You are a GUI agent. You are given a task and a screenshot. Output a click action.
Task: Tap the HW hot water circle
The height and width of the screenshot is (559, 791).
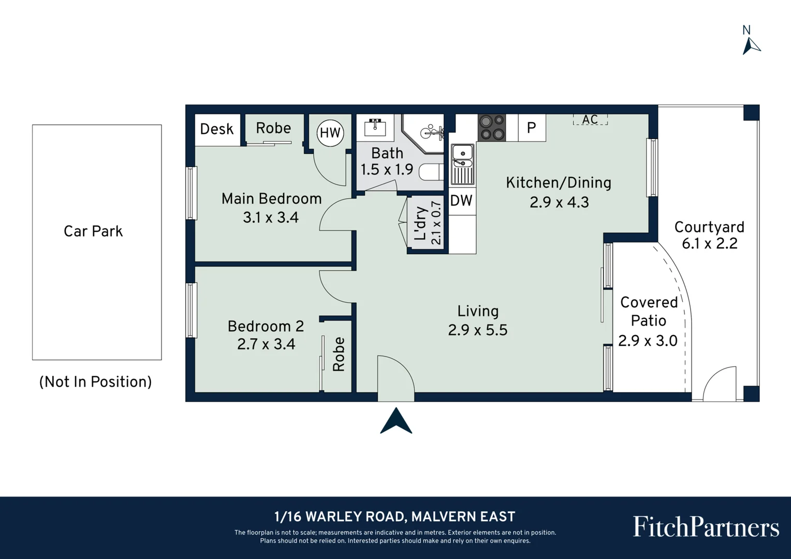click(x=330, y=133)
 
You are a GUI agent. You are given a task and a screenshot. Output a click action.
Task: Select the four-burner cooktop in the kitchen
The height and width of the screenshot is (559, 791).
click(x=492, y=127)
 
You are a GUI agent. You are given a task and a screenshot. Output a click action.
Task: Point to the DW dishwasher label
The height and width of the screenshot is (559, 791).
click(x=461, y=201)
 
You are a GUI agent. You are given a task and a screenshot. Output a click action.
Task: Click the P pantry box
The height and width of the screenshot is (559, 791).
click(x=532, y=127)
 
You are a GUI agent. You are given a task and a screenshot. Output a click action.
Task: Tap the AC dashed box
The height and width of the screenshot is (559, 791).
click(x=590, y=120)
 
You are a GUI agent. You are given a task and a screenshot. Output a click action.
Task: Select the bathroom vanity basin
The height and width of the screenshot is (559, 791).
click(x=375, y=127)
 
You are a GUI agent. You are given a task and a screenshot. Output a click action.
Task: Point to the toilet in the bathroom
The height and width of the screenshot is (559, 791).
click(x=431, y=173)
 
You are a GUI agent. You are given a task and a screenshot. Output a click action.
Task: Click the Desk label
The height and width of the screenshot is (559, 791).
click(x=217, y=129)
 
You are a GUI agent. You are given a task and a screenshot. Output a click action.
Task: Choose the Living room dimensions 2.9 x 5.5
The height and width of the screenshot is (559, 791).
click(x=477, y=330)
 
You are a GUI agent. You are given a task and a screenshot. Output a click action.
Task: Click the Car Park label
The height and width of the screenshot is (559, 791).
click(x=93, y=231)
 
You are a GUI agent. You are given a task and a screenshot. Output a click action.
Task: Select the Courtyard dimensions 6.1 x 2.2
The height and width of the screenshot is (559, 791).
click(x=709, y=244)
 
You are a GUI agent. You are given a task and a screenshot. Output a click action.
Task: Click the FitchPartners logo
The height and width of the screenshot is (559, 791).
click(x=706, y=526)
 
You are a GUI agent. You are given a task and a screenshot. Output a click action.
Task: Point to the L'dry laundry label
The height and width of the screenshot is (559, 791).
click(x=421, y=223)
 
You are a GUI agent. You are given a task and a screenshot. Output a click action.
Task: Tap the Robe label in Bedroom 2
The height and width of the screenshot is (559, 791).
click(x=339, y=354)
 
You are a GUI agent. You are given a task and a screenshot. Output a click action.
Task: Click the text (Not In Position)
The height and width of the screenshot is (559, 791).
click(x=95, y=382)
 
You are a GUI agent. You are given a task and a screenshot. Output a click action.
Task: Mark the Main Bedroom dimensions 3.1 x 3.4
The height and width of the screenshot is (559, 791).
click(x=271, y=217)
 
